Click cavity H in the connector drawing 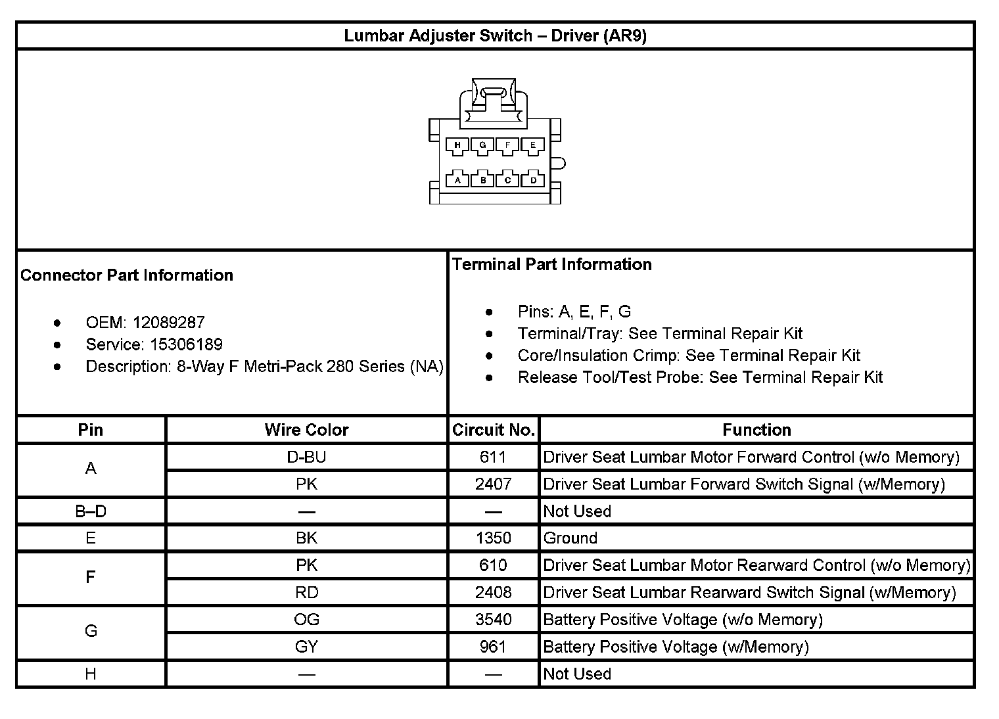(457, 145)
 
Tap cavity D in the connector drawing (533, 179)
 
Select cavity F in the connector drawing (507, 145)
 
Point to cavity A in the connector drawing (457, 179)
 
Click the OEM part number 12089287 (168, 323)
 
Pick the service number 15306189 (186, 344)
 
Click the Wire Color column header (306, 430)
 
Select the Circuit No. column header (493, 430)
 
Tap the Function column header (756, 430)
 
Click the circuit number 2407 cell (493, 484)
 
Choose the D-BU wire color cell (306, 457)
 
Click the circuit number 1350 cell (493, 538)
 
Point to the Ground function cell (570, 538)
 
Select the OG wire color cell (306, 620)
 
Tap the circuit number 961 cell (493, 647)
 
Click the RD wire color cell (306, 592)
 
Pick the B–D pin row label (91, 511)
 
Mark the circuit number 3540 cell (493, 620)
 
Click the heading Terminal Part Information (552, 264)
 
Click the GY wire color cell (306, 647)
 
